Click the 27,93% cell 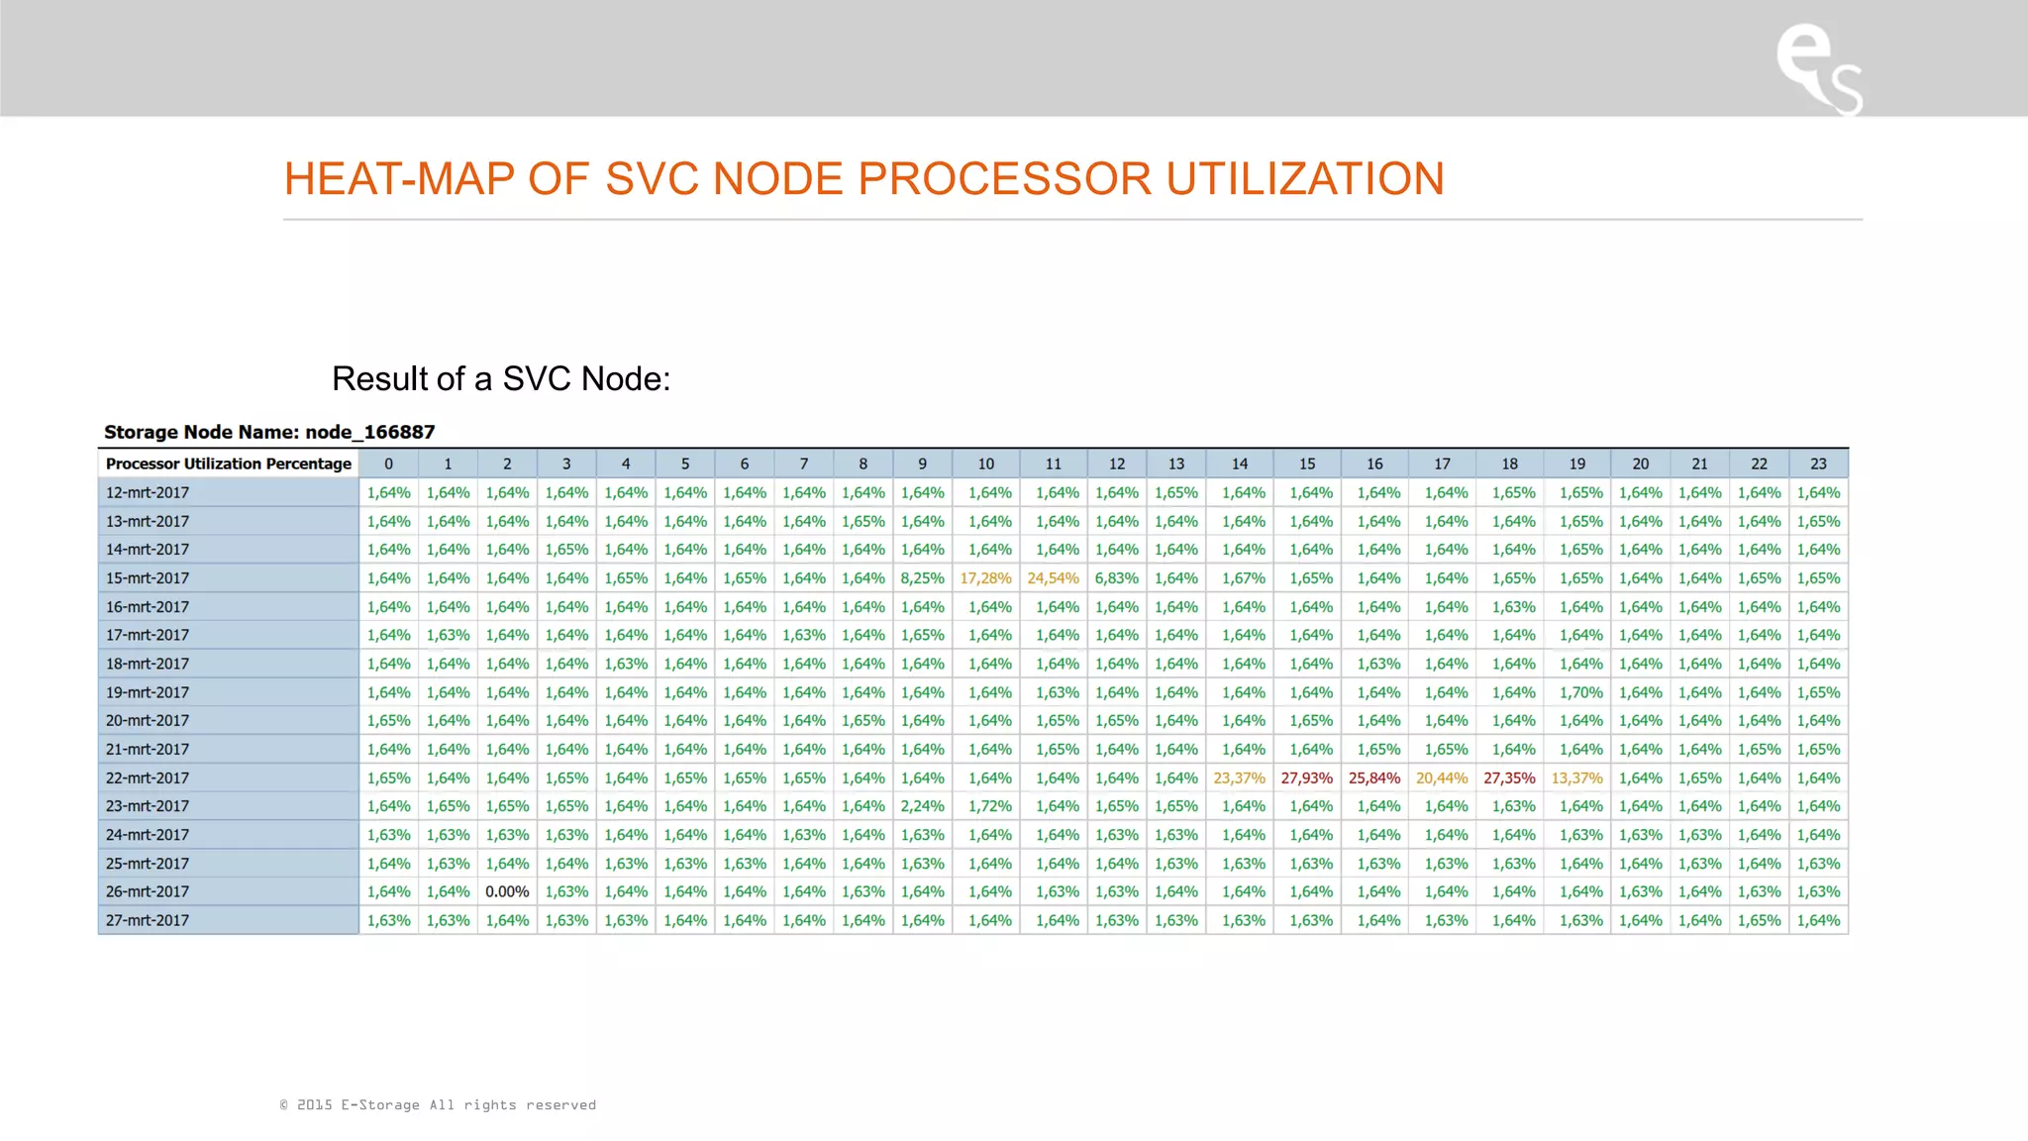click(x=1306, y=778)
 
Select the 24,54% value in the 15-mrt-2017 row click(x=1053, y=577)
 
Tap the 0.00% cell click(x=507, y=891)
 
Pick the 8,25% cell click(x=922, y=577)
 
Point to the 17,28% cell click(x=985, y=577)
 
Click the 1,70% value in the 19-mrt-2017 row click(x=1580, y=692)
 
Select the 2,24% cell click(x=922, y=806)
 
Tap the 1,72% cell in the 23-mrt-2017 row click(x=989, y=806)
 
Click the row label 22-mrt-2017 click(x=148, y=778)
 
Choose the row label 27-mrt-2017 click(x=148, y=920)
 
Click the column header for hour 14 click(x=1239, y=464)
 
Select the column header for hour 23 click(x=1818, y=464)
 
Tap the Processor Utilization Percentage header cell click(x=229, y=464)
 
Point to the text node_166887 click(x=369, y=432)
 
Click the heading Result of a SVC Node click(x=501, y=378)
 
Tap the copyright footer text click(x=438, y=1104)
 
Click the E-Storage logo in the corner click(x=1818, y=67)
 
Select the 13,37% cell click(x=1576, y=778)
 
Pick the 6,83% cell click(x=1116, y=577)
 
